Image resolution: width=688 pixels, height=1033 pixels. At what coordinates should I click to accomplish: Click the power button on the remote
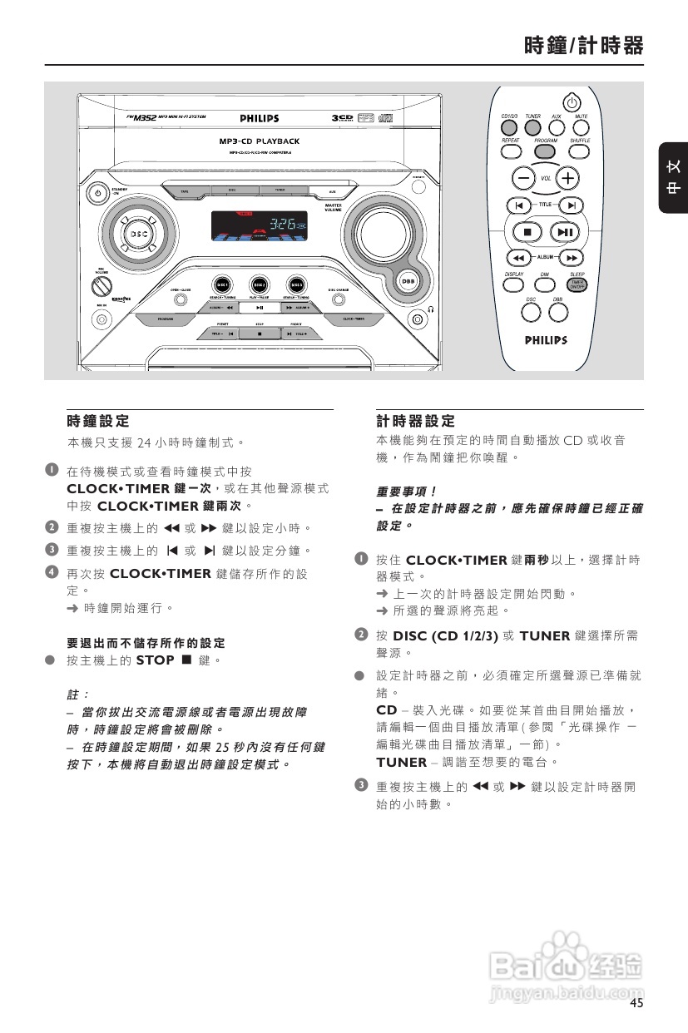[570, 101]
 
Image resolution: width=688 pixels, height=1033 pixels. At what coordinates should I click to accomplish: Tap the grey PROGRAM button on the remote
[546, 151]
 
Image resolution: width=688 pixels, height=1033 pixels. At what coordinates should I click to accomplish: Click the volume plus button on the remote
[568, 178]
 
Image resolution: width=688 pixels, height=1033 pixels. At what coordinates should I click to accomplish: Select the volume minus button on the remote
[523, 178]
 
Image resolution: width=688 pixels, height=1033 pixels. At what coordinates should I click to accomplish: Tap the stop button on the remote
[527, 231]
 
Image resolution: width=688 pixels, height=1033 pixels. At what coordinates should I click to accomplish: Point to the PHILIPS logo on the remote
[546, 340]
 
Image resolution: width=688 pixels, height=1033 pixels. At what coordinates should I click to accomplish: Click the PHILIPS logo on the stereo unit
[260, 119]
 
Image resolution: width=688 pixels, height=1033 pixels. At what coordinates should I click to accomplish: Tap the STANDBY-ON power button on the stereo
[98, 193]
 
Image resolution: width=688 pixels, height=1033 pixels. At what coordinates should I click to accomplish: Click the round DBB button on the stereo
[408, 281]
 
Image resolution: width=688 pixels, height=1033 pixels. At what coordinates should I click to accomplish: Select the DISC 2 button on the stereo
[259, 284]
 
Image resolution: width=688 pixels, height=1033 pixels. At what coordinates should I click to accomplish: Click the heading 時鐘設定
[98, 422]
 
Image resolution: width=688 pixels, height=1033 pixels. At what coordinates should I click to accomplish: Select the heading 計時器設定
[416, 422]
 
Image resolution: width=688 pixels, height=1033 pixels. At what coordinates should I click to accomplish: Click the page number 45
[636, 1003]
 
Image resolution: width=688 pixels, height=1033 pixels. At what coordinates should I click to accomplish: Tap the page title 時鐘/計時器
[583, 46]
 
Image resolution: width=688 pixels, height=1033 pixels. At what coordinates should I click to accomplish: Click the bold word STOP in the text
[155, 660]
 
